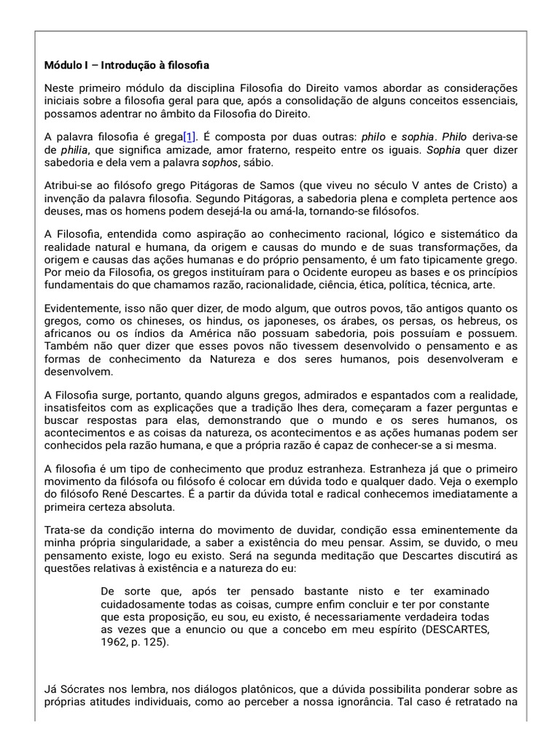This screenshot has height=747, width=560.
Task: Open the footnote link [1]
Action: coord(190,138)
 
